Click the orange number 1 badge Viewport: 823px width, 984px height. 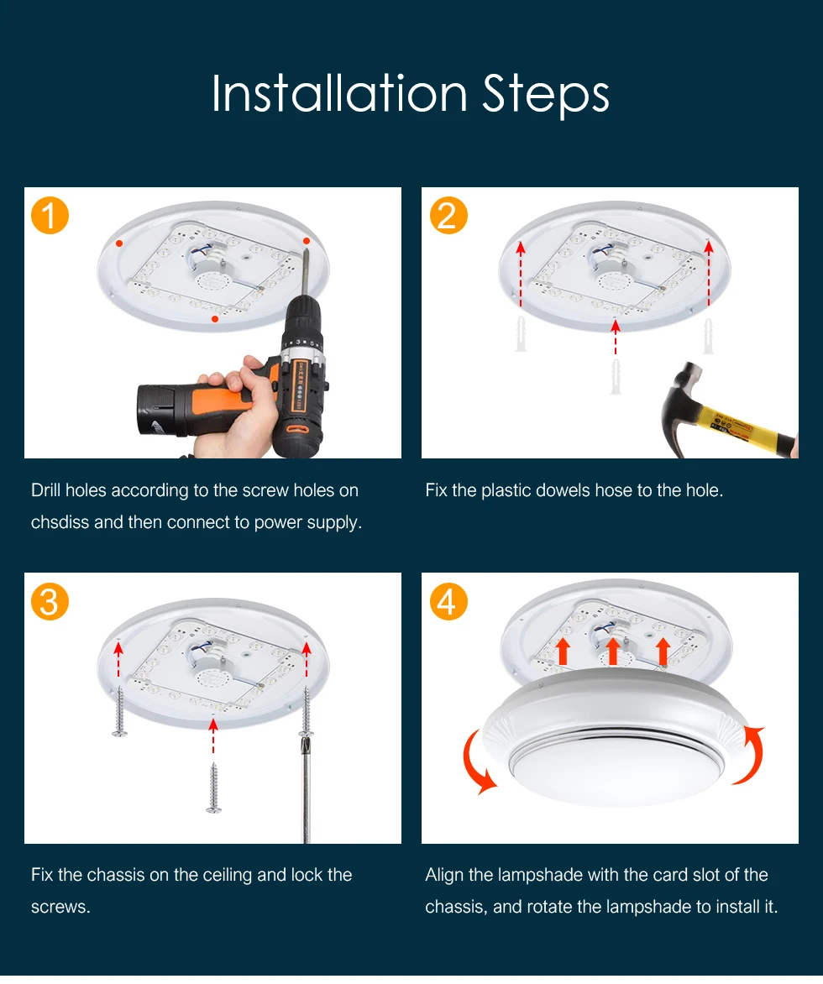click(50, 216)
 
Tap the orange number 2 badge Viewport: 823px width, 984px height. click(448, 216)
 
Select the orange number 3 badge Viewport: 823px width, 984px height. click(50, 602)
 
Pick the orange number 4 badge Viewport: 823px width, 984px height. click(448, 602)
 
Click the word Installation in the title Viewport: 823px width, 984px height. click(339, 93)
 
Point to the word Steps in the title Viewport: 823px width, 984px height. click(546, 95)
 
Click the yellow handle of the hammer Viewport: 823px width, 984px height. click(743, 427)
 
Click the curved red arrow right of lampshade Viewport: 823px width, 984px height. click(751, 755)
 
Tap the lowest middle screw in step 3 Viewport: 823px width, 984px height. click(213, 788)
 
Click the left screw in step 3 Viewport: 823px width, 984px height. click(119, 711)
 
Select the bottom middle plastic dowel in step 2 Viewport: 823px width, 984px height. click(616, 376)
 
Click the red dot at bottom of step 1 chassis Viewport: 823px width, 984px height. click(215, 319)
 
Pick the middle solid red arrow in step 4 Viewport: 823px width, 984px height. click(613, 652)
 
